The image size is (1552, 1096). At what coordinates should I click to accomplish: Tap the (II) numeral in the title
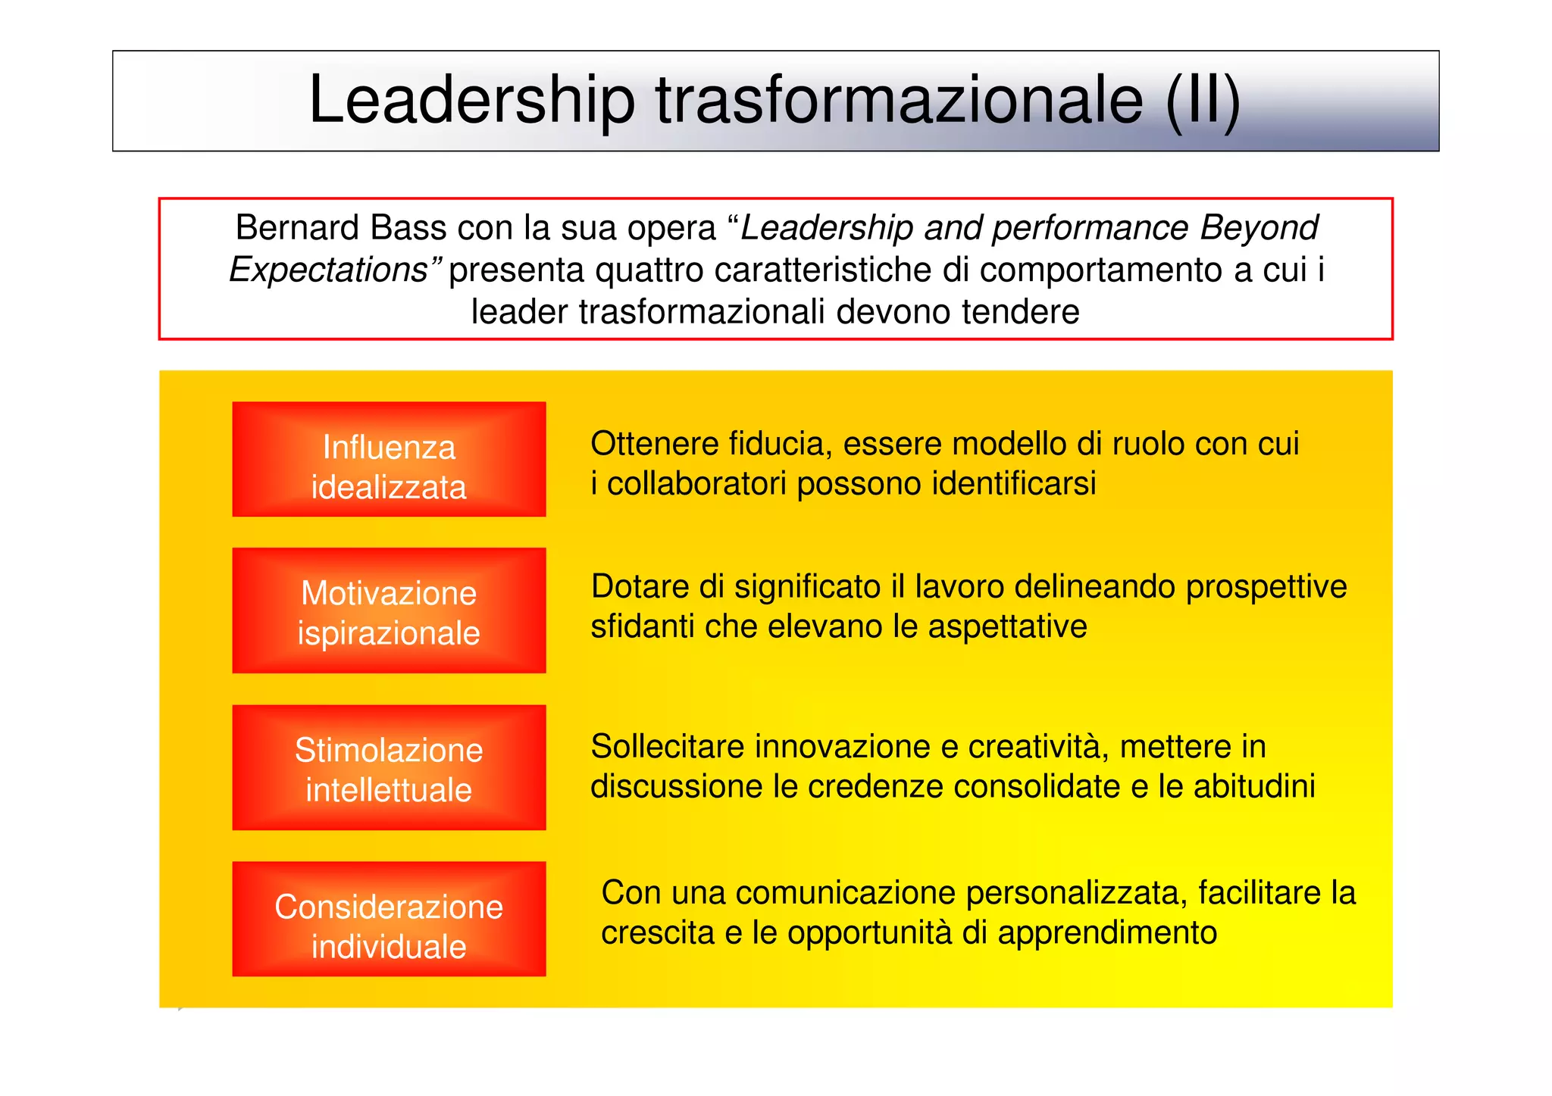1202,101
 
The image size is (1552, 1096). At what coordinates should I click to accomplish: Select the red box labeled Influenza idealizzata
389,460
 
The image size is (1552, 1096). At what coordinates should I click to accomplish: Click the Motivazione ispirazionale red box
389,610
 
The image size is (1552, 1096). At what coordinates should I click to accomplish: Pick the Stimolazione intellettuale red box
389,767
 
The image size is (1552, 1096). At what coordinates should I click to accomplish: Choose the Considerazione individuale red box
389,919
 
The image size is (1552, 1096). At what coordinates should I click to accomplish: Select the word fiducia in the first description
780,444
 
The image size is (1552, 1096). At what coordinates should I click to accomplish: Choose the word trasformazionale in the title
899,101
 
